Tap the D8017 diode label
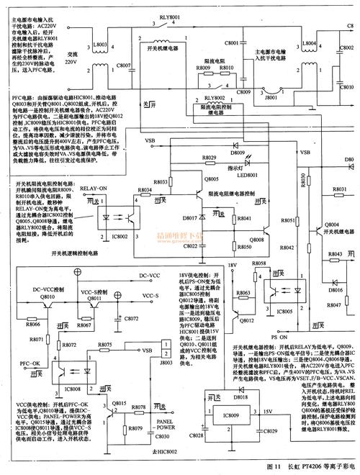point(192,217)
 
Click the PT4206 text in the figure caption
point(312,467)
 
